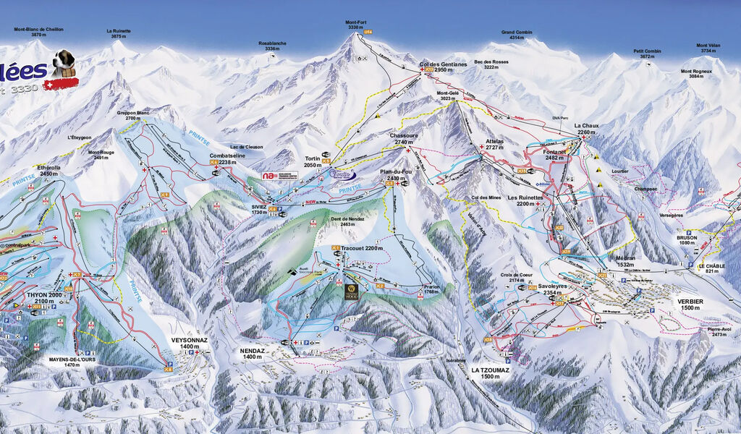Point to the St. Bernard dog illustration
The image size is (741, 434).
63,64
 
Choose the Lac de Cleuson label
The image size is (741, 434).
246,147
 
